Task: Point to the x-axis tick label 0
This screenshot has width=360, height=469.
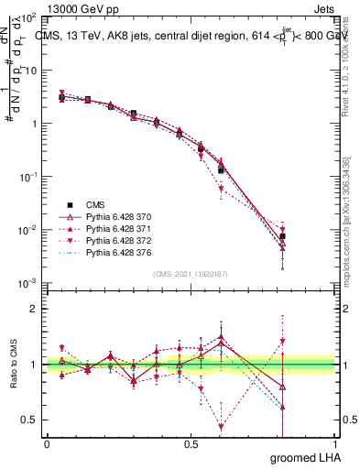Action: (46, 444)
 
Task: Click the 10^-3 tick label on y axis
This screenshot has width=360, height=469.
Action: (28, 283)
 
